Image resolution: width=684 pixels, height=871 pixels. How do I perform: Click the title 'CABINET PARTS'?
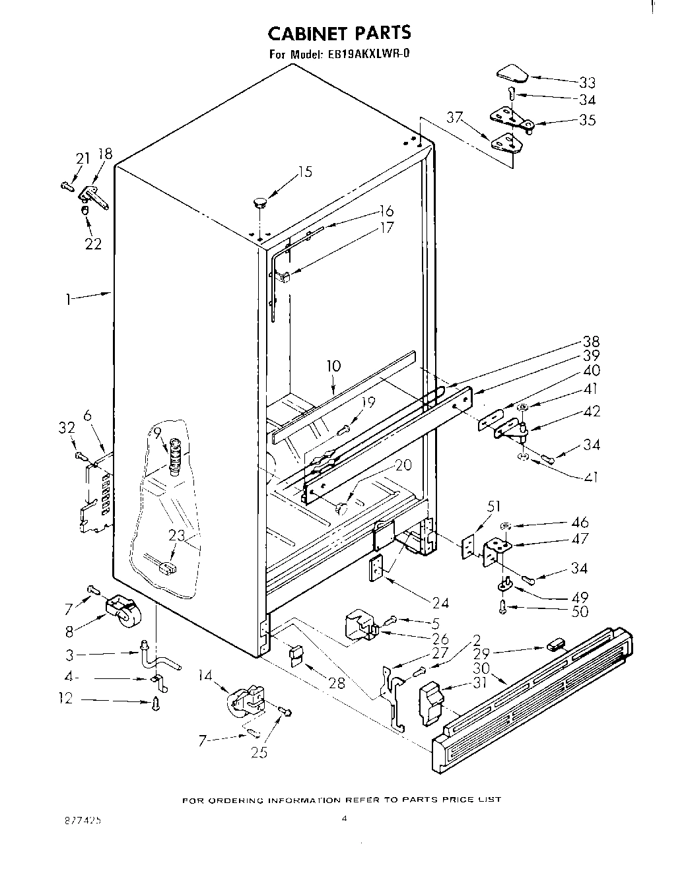[339, 33]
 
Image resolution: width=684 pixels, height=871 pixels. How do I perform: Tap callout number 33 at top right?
[587, 82]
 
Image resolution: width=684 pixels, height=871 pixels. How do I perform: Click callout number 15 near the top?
[304, 172]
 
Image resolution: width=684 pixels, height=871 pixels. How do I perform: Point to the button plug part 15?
[259, 201]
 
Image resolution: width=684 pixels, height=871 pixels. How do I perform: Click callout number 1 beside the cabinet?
[68, 300]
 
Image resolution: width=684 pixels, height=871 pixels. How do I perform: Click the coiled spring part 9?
[175, 455]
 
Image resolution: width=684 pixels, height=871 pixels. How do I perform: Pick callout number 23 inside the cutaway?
[176, 536]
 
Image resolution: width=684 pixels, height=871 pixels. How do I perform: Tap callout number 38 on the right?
[591, 341]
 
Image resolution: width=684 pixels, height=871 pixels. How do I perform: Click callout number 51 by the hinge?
[493, 506]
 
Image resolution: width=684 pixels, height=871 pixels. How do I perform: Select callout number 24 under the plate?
[440, 602]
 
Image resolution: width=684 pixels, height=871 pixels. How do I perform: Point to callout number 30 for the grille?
[481, 668]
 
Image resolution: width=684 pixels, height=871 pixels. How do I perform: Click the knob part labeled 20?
[341, 509]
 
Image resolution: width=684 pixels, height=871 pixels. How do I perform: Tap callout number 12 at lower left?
[65, 699]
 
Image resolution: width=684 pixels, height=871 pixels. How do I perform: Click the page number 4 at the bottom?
[344, 819]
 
